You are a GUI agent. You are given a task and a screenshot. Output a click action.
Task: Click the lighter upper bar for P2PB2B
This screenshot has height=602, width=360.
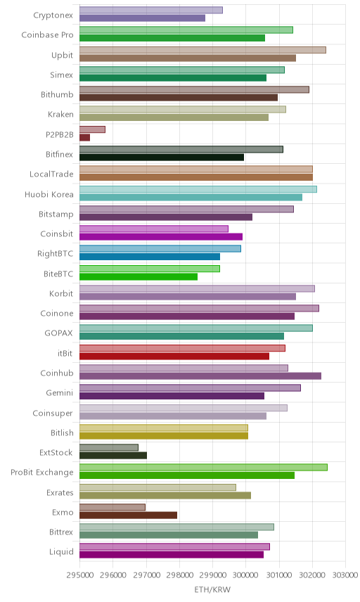click(x=92, y=129)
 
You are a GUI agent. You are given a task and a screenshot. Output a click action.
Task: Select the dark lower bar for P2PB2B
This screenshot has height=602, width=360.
click(x=85, y=137)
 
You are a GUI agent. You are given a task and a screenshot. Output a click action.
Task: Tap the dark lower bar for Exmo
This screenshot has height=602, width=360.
click(x=128, y=515)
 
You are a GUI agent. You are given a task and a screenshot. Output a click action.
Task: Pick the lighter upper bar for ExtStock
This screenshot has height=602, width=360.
click(x=108, y=447)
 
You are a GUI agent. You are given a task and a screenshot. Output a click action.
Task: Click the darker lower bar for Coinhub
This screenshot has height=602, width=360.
click(x=200, y=376)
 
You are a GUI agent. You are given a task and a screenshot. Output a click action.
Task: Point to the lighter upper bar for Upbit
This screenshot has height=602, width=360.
click(x=202, y=50)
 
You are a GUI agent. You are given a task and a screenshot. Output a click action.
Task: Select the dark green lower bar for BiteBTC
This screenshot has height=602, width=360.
click(x=139, y=277)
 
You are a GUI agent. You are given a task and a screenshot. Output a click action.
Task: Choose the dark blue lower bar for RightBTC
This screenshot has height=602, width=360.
click(x=150, y=257)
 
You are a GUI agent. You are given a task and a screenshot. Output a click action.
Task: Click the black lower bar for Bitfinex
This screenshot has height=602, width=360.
click(x=162, y=158)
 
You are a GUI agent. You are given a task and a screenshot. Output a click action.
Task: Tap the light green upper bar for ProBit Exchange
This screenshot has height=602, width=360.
click(x=203, y=467)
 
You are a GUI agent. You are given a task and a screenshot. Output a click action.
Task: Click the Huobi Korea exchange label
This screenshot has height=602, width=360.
click(x=49, y=194)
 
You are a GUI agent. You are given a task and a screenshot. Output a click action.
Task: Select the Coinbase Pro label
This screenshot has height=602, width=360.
click(x=47, y=35)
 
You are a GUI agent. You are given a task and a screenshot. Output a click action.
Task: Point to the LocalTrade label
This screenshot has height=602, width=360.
click(x=51, y=174)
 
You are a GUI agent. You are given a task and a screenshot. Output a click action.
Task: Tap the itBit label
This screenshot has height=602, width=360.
click(x=65, y=353)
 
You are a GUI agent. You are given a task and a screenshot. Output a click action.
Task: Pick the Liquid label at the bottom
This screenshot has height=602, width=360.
click(x=61, y=552)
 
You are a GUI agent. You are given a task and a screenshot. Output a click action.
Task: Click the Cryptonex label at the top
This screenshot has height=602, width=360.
click(x=53, y=15)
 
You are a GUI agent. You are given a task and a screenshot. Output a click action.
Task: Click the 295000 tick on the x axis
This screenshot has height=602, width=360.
click(x=79, y=575)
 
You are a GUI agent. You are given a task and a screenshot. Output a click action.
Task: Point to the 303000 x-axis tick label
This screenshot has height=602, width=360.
click(x=345, y=575)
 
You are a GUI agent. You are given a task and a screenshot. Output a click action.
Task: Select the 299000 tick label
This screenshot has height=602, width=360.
click(x=212, y=575)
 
